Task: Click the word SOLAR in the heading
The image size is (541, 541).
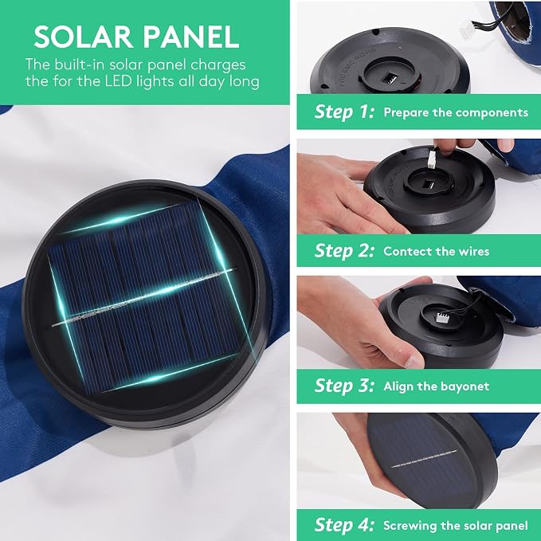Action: tap(83, 37)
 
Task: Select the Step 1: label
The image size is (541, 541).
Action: tap(344, 112)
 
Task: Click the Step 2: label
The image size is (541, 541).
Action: tap(344, 250)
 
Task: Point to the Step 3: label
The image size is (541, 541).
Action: tap(344, 386)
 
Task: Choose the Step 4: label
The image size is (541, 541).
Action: tap(344, 525)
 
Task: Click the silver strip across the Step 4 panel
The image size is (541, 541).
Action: tap(424, 459)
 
